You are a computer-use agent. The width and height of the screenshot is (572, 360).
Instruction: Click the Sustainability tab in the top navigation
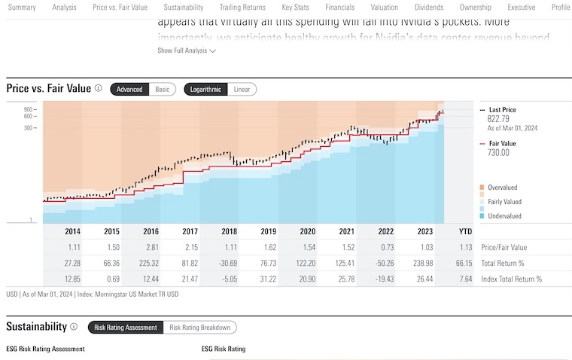pyautogui.click(x=183, y=7)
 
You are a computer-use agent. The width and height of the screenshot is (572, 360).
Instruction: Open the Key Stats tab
pyautogui.click(x=295, y=7)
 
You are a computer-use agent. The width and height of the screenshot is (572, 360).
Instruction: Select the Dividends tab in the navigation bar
pyautogui.click(x=428, y=7)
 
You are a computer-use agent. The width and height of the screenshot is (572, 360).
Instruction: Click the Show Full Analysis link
pyautogui.click(x=187, y=50)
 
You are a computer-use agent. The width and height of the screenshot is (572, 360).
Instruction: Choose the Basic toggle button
pyautogui.click(x=163, y=89)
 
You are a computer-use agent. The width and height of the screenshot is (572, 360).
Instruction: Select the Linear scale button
pyautogui.click(x=242, y=89)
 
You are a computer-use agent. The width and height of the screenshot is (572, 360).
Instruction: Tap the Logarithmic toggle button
pyautogui.click(x=205, y=89)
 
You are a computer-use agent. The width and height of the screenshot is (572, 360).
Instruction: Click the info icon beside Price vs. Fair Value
pyautogui.click(x=98, y=89)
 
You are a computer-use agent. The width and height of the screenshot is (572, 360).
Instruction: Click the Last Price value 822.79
pyautogui.click(x=498, y=118)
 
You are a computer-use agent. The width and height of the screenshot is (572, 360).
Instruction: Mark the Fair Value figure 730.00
pyautogui.click(x=499, y=152)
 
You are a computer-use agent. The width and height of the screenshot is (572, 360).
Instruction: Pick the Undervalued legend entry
pyautogui.click(x=505, y=216)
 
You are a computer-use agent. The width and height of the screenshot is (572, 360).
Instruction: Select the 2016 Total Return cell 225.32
pyautogui.click(x=151, y=263)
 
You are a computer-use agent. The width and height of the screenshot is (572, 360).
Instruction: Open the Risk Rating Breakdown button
pyautogui.click(x=199, y=327)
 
